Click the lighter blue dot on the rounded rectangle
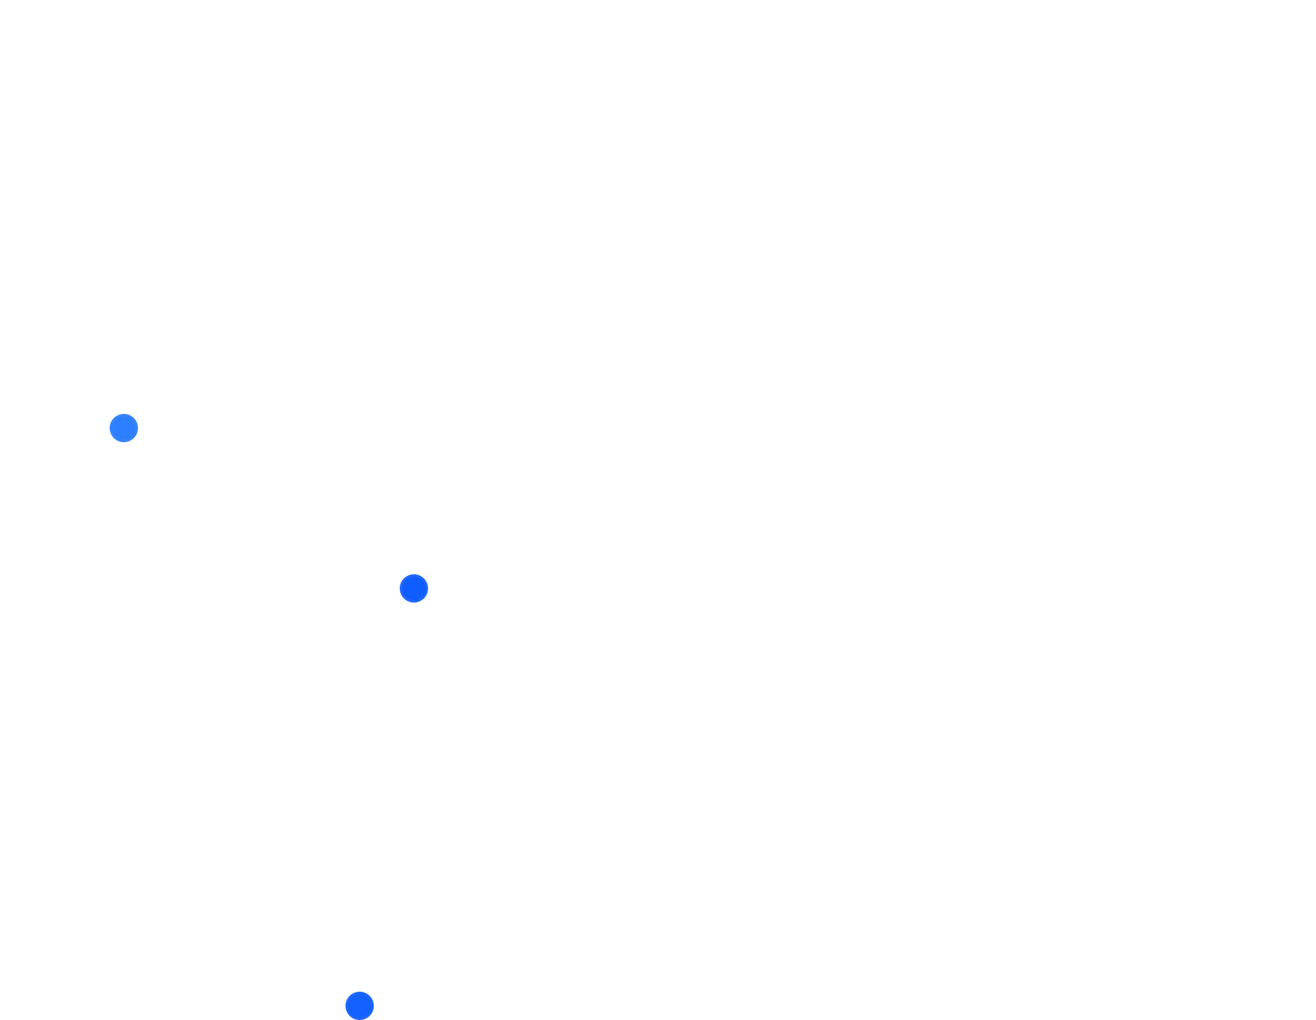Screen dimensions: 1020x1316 [x=124, y=428]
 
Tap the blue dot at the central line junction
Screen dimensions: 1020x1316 [x=414, y=588]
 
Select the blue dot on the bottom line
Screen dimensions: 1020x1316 [x=360, y=1005]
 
